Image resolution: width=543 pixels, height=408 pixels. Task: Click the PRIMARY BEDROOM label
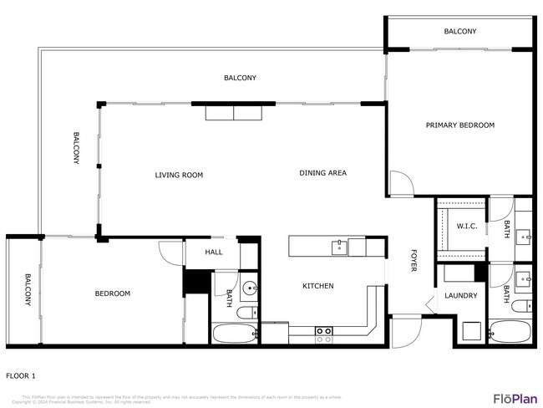pyautogui.click(x=460, y=125)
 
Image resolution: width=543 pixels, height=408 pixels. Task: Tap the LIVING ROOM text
pyautogui.click(x=179, y=176)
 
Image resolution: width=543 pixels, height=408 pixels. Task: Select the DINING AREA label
pyautogui.click(x=322, y=173)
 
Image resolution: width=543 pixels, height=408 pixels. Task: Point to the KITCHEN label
pyautogui.click(x=317, y=286)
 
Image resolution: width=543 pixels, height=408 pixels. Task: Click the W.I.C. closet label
pyautogui.click(x=466, y=226)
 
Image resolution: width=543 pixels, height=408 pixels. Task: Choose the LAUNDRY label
pyautogui.click(x=461, y=295)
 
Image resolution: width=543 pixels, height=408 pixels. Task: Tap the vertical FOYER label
pyautogui.click(x=413, y=261)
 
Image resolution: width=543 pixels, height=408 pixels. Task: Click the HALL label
pyautogui.click(x=214, y=252)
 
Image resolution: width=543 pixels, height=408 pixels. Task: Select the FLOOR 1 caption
pyautogui.click(x=21, y=376)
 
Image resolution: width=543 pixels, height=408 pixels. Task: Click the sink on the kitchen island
pyautogui.click(x=339, y=247)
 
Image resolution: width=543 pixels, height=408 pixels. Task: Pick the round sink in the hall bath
pyautogui.click(x=250, y=289)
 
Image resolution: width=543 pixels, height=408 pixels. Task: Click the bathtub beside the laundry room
pyautogui.click(x=510, y=331)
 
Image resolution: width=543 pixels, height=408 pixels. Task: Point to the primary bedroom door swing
pyautogui.click(x=399, y=184)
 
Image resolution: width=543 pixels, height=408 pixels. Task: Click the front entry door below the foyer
pyautogui.click(x=406, y=333)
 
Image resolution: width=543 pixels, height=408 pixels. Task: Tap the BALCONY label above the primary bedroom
pyautogui.click(x=459, y=32)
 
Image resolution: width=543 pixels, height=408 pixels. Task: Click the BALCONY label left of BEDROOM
pyautogui.click(x=27, y=290)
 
